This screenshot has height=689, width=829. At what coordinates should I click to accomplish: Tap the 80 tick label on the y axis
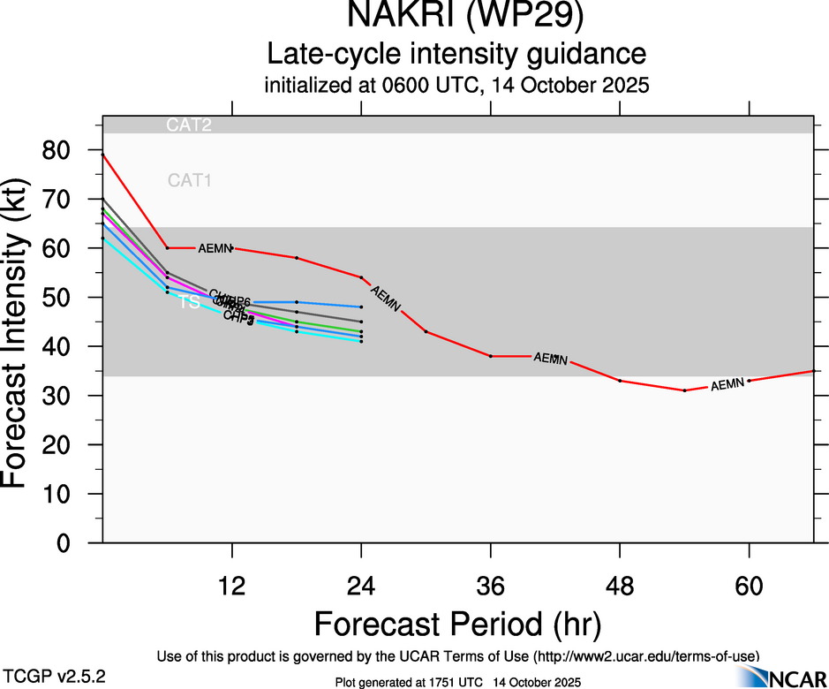70,150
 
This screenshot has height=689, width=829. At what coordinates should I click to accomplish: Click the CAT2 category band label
189,125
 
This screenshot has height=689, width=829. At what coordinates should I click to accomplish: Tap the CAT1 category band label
189,181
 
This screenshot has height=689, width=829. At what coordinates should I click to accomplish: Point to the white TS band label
189,303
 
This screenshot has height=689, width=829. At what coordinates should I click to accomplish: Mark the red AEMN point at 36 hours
491,356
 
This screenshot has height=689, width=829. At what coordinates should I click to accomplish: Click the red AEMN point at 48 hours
621,381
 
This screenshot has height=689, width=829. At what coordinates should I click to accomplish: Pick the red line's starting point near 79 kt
102,155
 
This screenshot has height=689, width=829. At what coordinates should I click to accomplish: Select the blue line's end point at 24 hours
361,307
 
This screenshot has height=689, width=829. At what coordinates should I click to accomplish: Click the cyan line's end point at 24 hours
361,341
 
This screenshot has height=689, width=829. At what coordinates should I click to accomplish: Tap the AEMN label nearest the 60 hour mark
727,385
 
